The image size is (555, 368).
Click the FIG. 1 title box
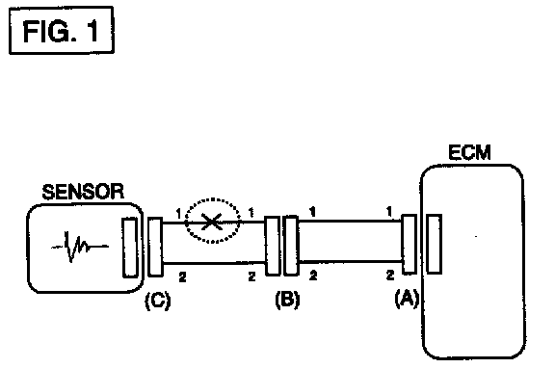(x=62, y=31)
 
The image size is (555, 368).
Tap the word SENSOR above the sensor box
(x=83, y=192)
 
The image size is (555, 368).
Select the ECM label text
(x=469, y=152)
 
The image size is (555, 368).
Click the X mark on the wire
(x=212, y=222)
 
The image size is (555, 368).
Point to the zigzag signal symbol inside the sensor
(x=80, y=247)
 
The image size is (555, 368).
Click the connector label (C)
(x=158, y=301)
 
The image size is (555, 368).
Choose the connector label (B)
(x=287, y=300)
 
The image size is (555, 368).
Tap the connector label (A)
(x=407, y=298)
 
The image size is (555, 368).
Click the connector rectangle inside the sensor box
(x=130, y=248)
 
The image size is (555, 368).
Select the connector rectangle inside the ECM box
(x=435, y=244)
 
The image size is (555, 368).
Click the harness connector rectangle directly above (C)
(x=155, y=247)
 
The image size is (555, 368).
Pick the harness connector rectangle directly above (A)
(x=410, y=244)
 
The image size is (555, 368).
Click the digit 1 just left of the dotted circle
(x=179, y=213)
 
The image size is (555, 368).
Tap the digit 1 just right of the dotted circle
(x=251, y=213)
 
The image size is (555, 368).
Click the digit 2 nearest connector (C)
(x=182, y=276)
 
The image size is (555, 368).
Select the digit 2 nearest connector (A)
(x=389, y=275)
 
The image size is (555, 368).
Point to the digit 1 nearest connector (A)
(x=389, y=212)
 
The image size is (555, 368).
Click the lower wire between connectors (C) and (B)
(x=214, y=263)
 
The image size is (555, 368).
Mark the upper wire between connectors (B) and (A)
(x=350, y=221)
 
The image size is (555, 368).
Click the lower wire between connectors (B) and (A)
(x=351, y=262)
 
